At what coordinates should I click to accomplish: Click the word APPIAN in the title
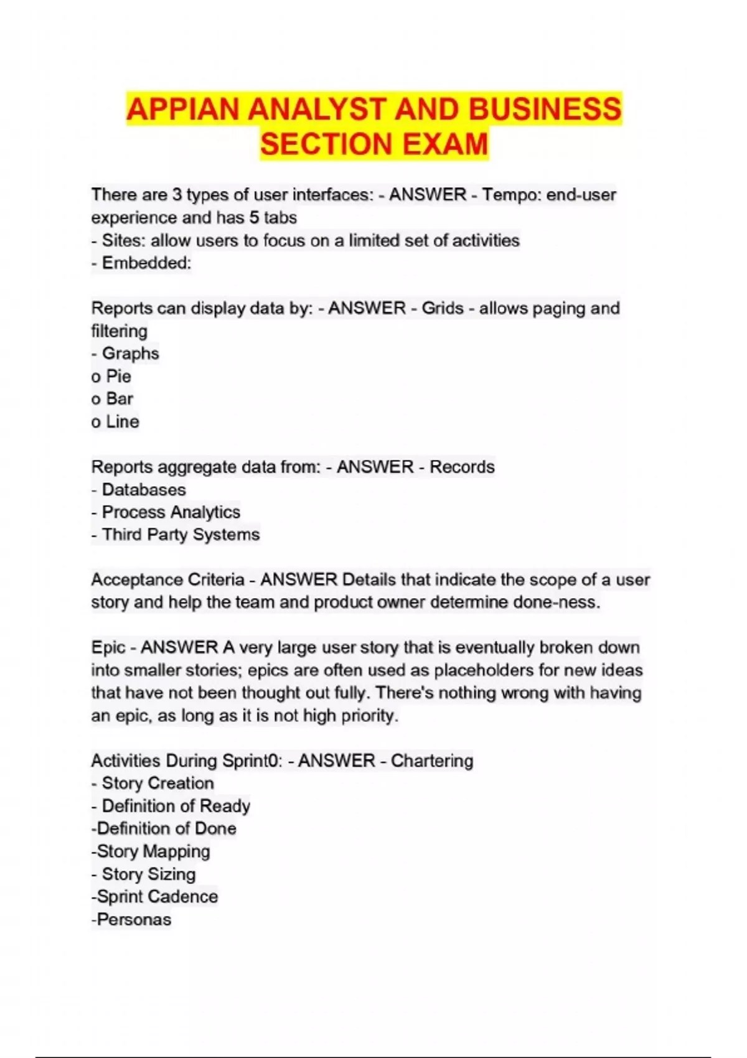[x=182, y=110]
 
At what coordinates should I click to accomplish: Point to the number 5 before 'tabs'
[x=254, y=217]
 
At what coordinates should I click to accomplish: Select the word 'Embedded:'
[x=146, y=263]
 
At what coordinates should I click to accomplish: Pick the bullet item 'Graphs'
[x=130, y=353]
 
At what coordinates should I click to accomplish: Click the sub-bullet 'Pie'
[x=118, y=376]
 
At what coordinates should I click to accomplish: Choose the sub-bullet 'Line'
[x=122, y=421]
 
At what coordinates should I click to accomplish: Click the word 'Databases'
[x=144, y=489]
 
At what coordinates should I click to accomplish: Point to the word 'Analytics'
[x=205, y=512]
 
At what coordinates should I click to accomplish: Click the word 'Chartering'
[x=432, y=761]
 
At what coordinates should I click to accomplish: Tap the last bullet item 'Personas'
[x=134, y=919]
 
